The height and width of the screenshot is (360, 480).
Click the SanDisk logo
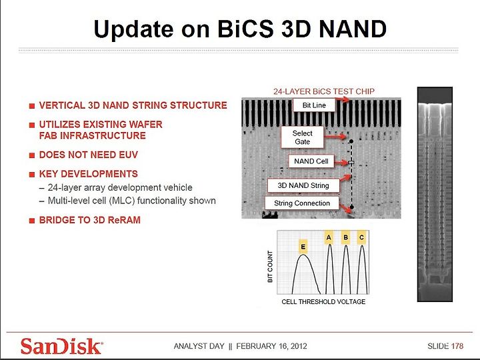[x=61, y=346]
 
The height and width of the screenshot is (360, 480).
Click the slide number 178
[x=457, y=346]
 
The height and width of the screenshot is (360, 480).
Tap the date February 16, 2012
[x=271, y=346]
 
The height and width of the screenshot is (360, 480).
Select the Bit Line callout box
[x=314, y=105]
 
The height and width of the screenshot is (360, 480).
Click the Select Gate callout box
[x=302, y=137]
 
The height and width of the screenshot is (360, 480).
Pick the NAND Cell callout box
[x=311, y=161]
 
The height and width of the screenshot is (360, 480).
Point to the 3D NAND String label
[x=303, y=185]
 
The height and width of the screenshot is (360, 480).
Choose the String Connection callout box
[x=302, y=203]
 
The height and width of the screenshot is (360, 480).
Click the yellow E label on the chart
[x=303, y=247]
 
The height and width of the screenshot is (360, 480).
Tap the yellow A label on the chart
[x=329, y=238]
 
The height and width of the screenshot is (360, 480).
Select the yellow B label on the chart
[x=345, y=238]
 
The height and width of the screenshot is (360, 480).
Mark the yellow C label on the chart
[x=362, y=238]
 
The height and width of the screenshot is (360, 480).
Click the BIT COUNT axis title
[x=270, y=267]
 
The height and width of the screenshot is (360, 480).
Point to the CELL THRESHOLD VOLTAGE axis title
[x=323, y=302]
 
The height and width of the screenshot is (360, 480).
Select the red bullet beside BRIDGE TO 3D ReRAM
[x=32, y=221]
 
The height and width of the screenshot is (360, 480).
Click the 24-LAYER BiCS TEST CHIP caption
[x=324, y=91]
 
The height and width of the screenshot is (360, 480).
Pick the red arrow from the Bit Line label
[x=342, y=99]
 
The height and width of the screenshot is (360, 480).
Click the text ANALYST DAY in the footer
[x=199, y=346]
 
